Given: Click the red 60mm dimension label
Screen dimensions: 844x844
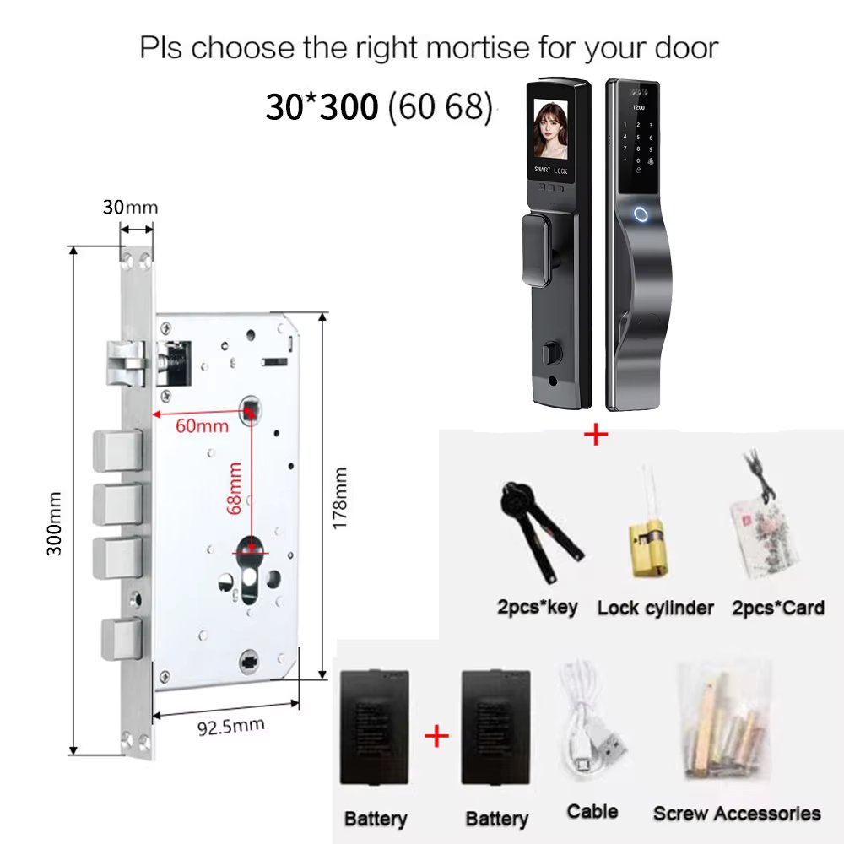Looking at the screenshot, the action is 202,425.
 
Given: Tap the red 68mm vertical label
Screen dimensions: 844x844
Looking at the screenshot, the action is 234,488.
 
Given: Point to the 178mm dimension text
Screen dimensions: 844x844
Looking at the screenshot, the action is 339,498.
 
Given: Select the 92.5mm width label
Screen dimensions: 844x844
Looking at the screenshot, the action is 231,727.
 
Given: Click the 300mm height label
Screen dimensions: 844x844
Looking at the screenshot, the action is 54,523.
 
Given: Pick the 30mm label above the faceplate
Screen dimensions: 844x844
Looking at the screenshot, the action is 130,208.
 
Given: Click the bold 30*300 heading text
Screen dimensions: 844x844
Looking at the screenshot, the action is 322,106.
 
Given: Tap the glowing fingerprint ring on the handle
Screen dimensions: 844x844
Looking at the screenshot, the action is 641,214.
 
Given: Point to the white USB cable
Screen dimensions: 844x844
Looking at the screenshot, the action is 590,717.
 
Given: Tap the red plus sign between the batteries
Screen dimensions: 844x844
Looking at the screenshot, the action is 436,736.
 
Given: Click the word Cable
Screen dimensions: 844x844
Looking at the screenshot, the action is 592,811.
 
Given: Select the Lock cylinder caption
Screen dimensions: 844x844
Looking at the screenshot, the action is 656,608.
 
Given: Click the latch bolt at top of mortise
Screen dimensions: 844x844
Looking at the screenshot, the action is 127,363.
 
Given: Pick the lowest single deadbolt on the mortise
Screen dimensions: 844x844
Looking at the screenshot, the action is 122,638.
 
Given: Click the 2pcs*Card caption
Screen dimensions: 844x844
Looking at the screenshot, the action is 778,608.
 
